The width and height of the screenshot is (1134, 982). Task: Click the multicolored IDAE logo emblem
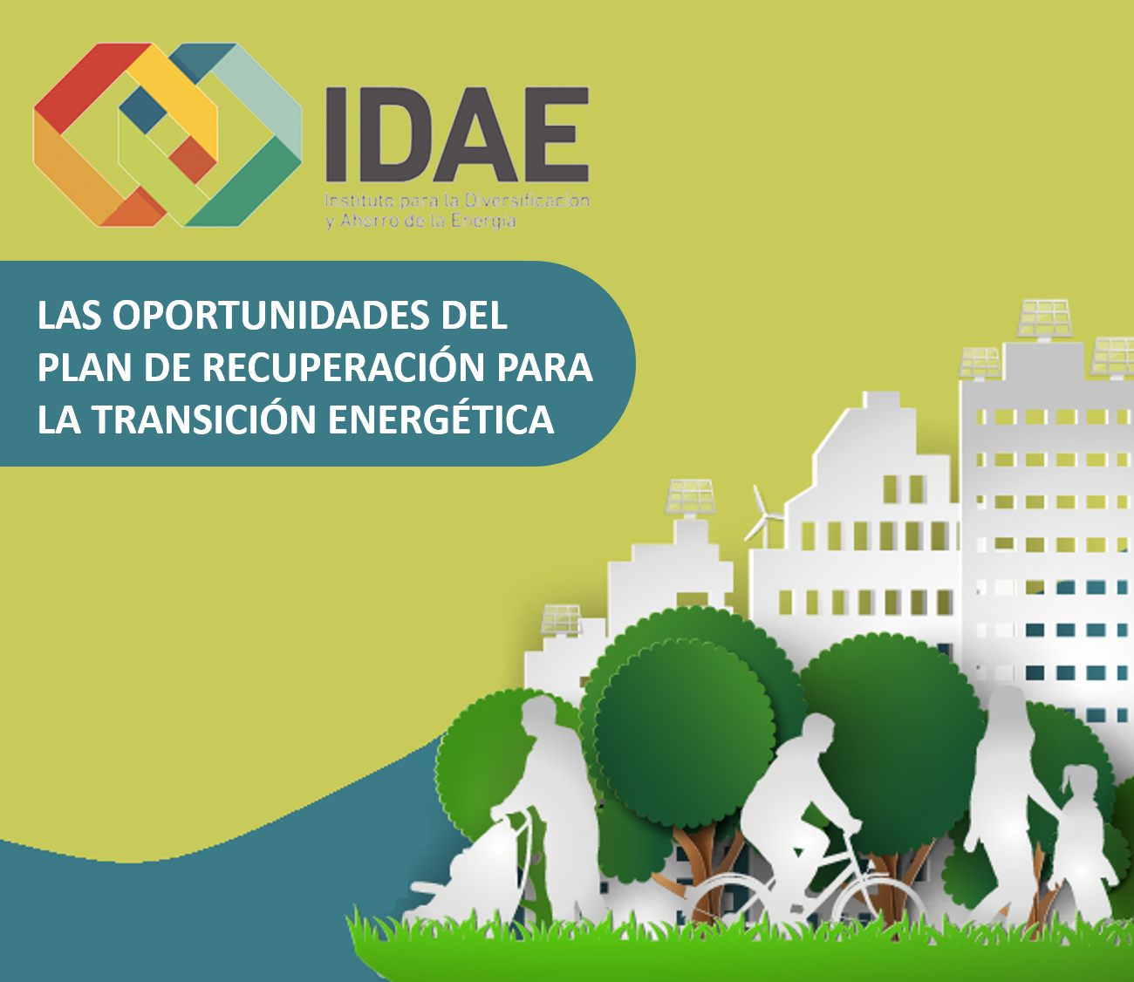click(167, 135)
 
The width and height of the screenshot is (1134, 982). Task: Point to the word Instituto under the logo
click(359, 201)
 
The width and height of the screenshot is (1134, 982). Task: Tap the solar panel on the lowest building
click(561, 619)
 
